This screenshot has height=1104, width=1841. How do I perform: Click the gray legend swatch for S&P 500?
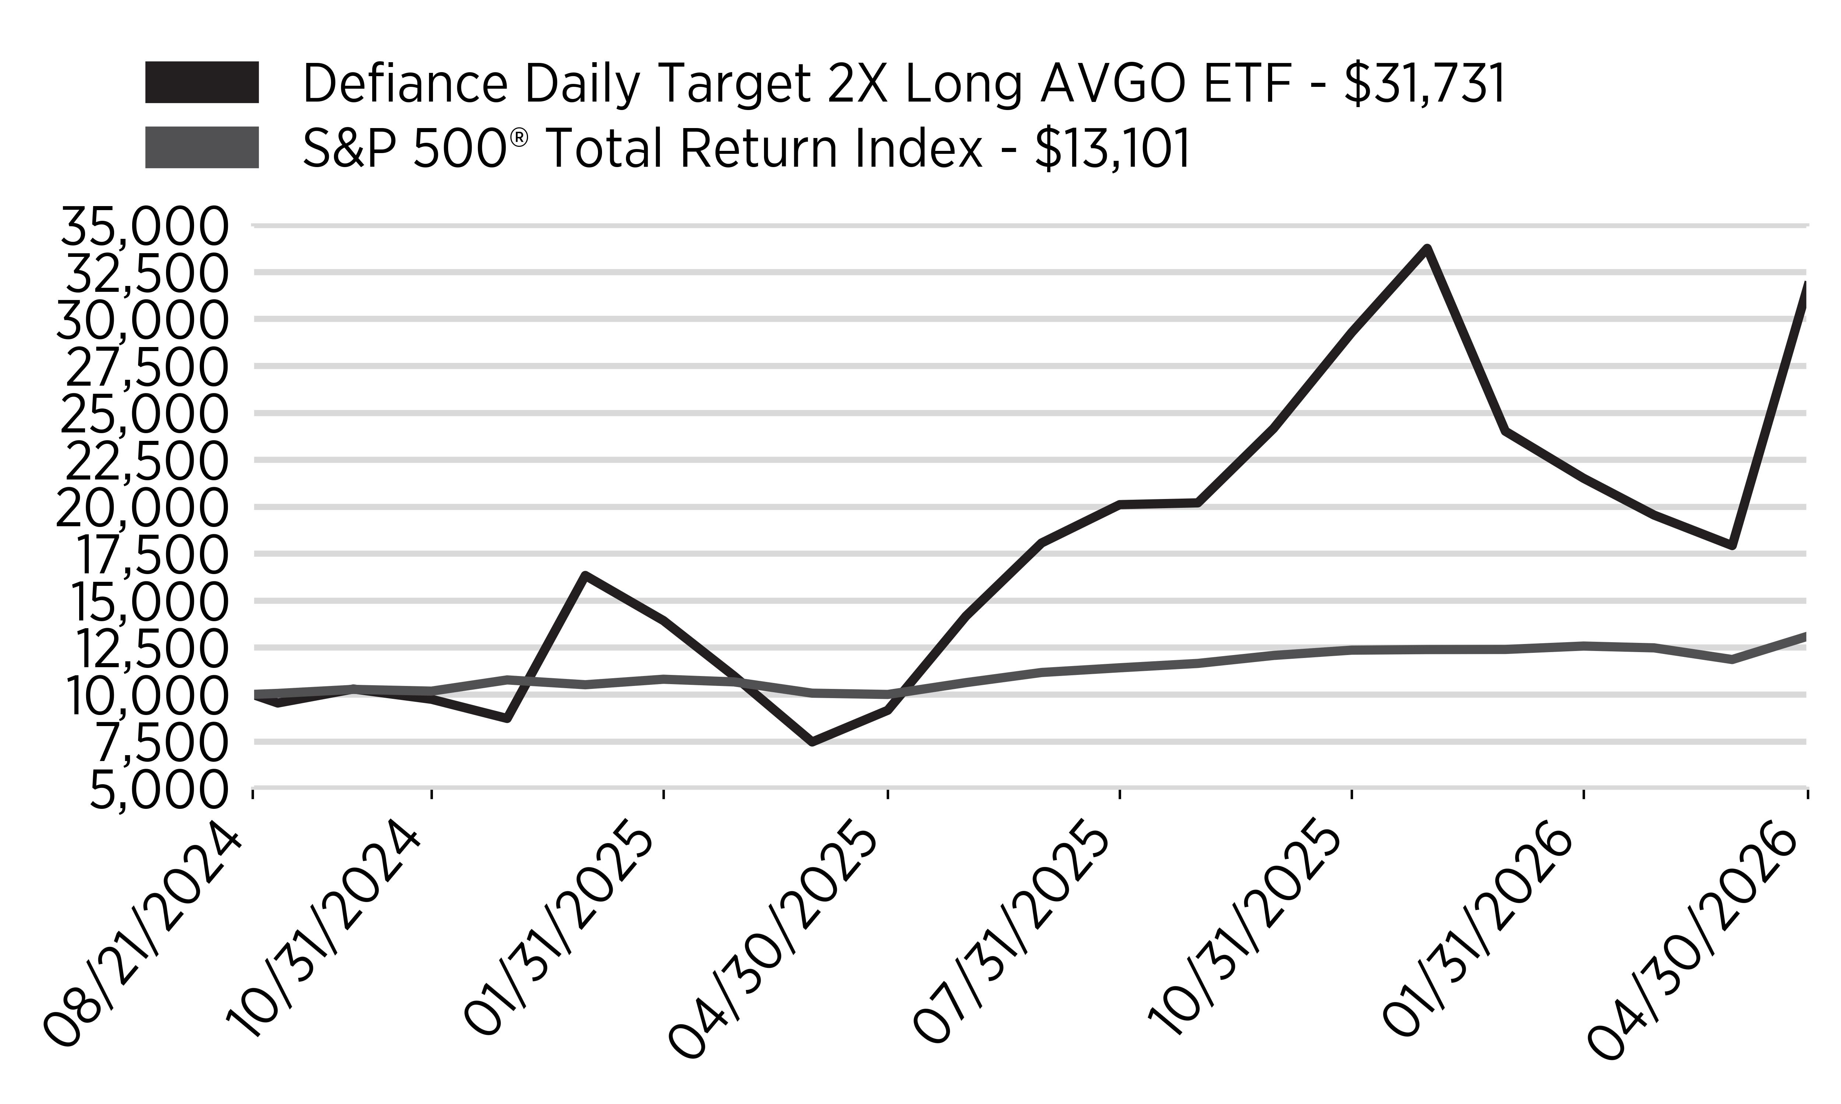[x=202, y=147]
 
